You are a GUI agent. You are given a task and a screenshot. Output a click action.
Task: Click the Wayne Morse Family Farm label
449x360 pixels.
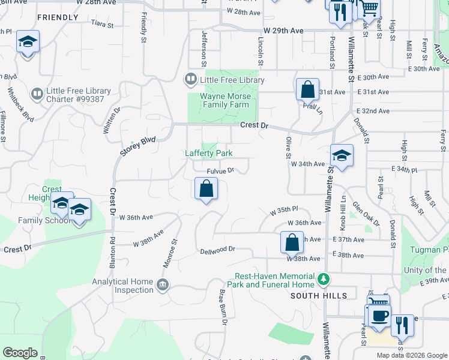tap(224, 100)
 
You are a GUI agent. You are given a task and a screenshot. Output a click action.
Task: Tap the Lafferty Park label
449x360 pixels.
tap(208, 153)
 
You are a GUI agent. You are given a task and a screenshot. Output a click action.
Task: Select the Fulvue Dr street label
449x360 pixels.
tap(220, 171)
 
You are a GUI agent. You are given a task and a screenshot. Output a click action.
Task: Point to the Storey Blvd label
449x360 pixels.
tap(137, 146)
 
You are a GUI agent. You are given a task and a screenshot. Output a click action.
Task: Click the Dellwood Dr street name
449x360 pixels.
tap(217, 249)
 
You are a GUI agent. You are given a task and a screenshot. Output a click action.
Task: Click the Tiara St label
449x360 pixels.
tap(102, 24)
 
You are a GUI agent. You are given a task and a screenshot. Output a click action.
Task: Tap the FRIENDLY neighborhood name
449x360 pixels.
tap(57, 17)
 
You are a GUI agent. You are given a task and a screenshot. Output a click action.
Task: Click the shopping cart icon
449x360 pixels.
tap(369, 8)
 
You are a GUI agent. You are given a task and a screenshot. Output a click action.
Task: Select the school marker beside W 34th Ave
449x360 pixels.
tap(341, 155)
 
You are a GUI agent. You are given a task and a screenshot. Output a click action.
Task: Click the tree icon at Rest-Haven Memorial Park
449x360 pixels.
tap(324, 278)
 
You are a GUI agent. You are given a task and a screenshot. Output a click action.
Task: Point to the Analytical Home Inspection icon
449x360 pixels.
tap(162, 284)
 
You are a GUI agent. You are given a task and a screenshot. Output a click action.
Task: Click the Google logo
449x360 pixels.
tap(20, 352)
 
